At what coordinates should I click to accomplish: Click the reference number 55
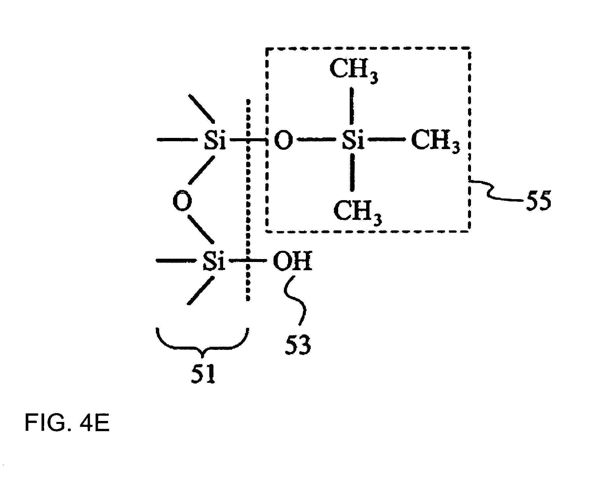coord(538,201)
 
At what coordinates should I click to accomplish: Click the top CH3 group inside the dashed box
coord(354,70)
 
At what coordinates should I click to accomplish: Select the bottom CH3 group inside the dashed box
coord(357,211)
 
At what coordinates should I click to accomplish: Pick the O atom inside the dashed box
coord(283,141)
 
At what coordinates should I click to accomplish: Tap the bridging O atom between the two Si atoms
coord(182,201)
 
